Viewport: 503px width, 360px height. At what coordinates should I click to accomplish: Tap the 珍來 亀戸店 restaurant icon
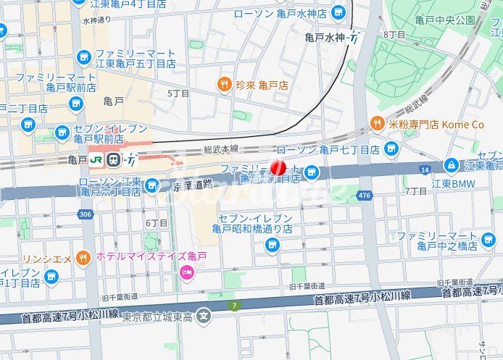tap(225, 85)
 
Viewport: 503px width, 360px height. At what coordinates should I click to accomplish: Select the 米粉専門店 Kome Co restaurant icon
tap(377, 125)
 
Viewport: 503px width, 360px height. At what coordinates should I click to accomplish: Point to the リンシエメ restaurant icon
tap(84, 259)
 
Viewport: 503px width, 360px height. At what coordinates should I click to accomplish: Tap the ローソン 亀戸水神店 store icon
tap(338, 13)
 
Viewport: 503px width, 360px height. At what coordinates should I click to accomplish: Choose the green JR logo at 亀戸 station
tap(96, 159)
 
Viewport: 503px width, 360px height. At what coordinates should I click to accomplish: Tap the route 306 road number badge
tap(86, 214)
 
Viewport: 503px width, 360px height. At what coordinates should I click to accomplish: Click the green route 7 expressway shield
tap(234, 307)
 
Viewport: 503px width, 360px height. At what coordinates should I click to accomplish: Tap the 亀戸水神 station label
tap(325, 37)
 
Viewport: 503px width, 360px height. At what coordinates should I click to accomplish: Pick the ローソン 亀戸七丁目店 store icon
tap(391, 149)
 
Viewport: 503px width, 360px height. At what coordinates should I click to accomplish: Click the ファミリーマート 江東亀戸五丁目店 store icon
tap(84, 57)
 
